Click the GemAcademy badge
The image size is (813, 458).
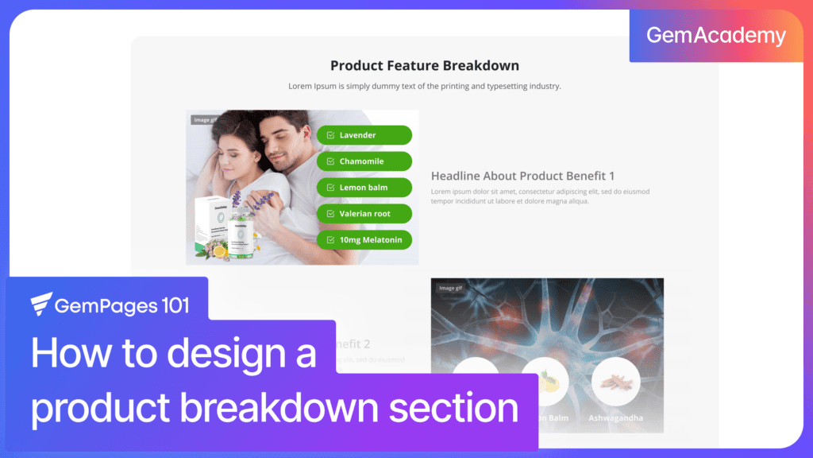(x=715, y=36)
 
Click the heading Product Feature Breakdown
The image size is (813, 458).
(x=424, y=65)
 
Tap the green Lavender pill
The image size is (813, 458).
(x=364, y=135)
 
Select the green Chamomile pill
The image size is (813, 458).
(x=364, y=161)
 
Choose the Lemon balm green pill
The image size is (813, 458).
(x=364, y=188)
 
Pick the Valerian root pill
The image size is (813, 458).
(x=364, y=214)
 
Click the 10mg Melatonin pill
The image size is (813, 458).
(x=364, y=240)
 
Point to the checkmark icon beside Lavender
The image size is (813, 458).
(x=330, y=135)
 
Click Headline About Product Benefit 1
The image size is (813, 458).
(x=522, y=176)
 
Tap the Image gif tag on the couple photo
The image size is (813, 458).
(x=204, y=120)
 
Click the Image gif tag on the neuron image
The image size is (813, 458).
(x=450, y=288)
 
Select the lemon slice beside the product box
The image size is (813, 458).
(x=219, y=252)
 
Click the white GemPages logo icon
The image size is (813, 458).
(x=41, y=304)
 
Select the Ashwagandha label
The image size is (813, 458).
(x=615, y=418)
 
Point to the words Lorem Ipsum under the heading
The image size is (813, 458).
(x=310, y=86)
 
